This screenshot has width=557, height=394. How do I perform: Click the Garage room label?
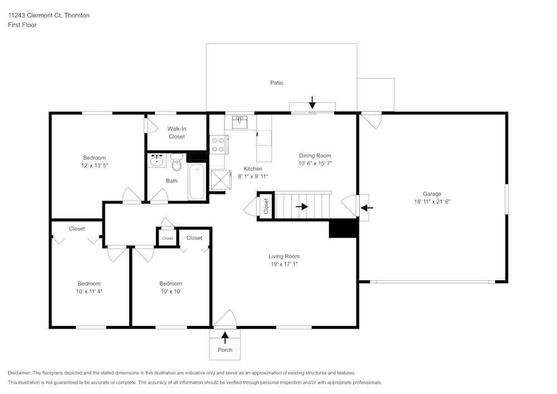(x=432, y=194)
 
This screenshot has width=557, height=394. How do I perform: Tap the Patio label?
(x=277, y=83)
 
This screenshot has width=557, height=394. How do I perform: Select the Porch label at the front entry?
(x=225, y=350)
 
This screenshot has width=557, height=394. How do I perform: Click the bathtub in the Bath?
(x=197, y=182)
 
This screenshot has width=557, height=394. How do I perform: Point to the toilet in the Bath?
(x=177, y=163)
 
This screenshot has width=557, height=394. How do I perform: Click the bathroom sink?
(x=157, y=161)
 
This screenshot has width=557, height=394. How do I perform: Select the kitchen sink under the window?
(x=240, y=121)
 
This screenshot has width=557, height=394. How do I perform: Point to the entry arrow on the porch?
(x=225, y=336)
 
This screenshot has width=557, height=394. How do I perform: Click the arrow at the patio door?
(x=312, y=102)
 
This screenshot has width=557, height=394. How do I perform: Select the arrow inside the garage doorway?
(x=367, y=208)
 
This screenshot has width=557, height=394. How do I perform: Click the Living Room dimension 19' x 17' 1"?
(x=284, y=264)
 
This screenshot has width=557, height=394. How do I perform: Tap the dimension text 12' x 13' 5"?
(x=95, y=166)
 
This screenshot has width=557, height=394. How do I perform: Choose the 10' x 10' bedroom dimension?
(x=170, y=291)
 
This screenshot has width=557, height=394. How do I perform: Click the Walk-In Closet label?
(x=177, y=133)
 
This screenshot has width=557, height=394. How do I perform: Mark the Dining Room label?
(x=315, y=156)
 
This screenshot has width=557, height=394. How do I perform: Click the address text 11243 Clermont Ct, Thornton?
(x=48, y=16)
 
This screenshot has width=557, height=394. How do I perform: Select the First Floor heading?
(x=22, y=25)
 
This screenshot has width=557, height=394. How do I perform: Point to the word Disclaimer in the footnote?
(x=19, y=373)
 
